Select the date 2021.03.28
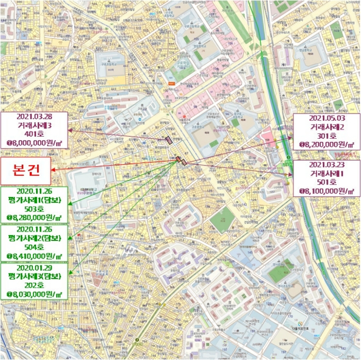pyautogui.click(x=35, y=116)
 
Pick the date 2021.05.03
pyautogui.click(x=327, y=118)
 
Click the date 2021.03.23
pyautogui.click(x=327, y=165)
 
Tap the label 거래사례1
pyautogui.click(x=327, y=173)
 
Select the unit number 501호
pyautogui.click(x=327, y=182)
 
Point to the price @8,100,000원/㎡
pyautogui.click(x=327, y=191)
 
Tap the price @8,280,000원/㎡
pyautogui.click(x=35, y=218)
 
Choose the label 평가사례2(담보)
pyautogui.click(x=35, y=238)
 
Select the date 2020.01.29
pyautogui.click(x=35, y=268)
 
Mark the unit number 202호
pyautogui.click(x=35, y=285)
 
